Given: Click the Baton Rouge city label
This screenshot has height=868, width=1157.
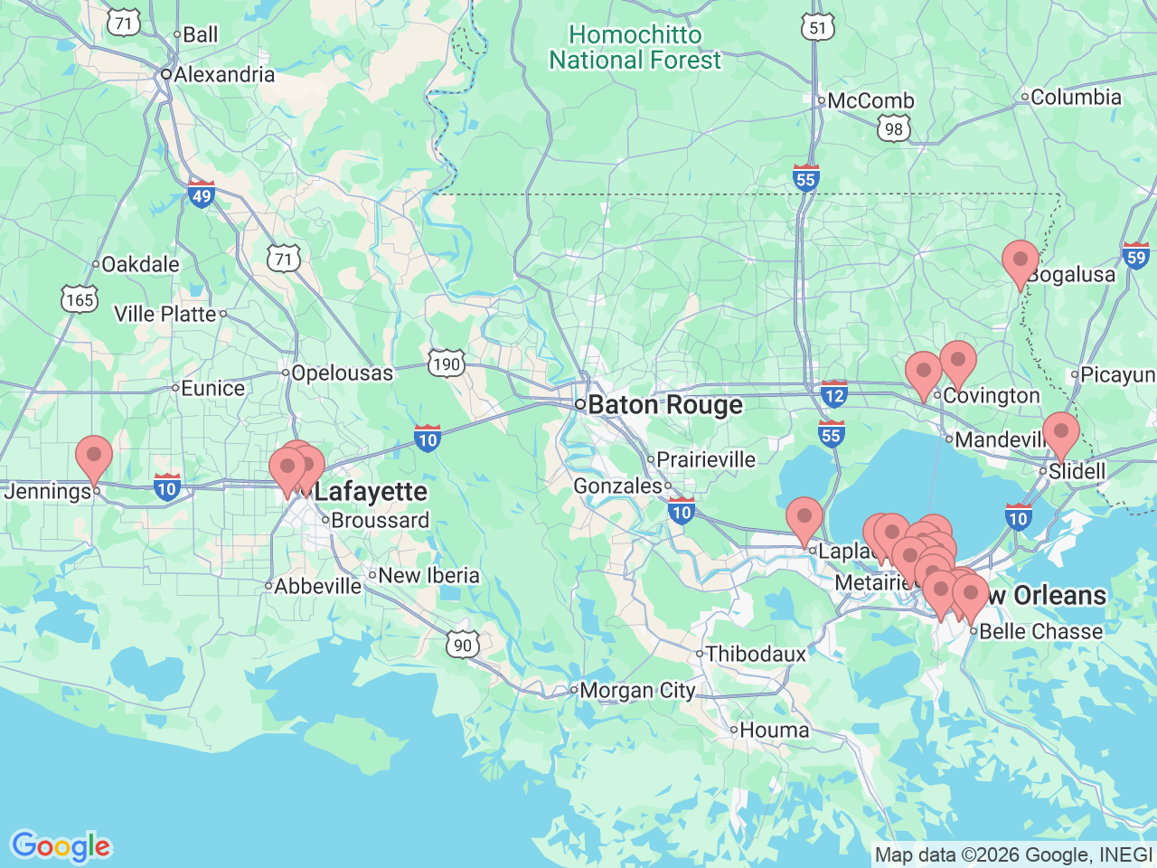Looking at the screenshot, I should pos(664,405).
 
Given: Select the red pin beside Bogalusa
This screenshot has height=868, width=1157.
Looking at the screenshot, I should pos(1021,263).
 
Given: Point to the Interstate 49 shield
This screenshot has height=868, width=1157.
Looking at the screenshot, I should pos(201,194).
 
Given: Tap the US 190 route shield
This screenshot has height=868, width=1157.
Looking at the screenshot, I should pos(447,363).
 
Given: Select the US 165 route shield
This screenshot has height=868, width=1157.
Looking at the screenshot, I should pos(80,299).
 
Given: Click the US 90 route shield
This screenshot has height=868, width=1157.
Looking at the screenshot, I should pos(463,644).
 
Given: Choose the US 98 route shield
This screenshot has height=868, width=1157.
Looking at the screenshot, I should pos(894,128).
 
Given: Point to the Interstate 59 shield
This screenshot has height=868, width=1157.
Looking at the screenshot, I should pos(1135,256).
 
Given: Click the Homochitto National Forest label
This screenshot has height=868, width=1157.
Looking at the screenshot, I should pos(635,48).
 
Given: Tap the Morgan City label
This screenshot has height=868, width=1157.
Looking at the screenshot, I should pos(637,691).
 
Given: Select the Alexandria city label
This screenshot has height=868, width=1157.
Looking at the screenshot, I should pos(223,74).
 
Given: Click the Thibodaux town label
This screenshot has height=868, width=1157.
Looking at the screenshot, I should pos(756,653).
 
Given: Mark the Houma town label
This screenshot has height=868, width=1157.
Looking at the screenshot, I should pos(775,730).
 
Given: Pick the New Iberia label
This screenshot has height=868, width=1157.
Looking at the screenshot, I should pos(428,575).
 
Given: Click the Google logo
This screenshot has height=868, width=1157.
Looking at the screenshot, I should pos(61,847).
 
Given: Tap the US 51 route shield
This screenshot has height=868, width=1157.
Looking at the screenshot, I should pos(817,27).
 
